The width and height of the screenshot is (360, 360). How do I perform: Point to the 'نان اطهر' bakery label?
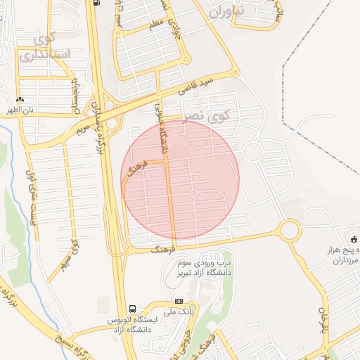[20, 110]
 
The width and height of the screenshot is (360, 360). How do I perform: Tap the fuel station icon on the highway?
[96, 2]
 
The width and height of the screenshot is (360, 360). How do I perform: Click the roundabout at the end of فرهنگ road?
[289, 230]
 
